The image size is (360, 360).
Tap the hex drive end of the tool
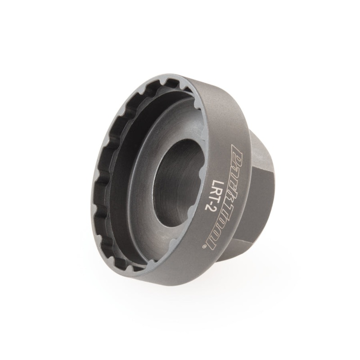(x=261, y=193)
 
